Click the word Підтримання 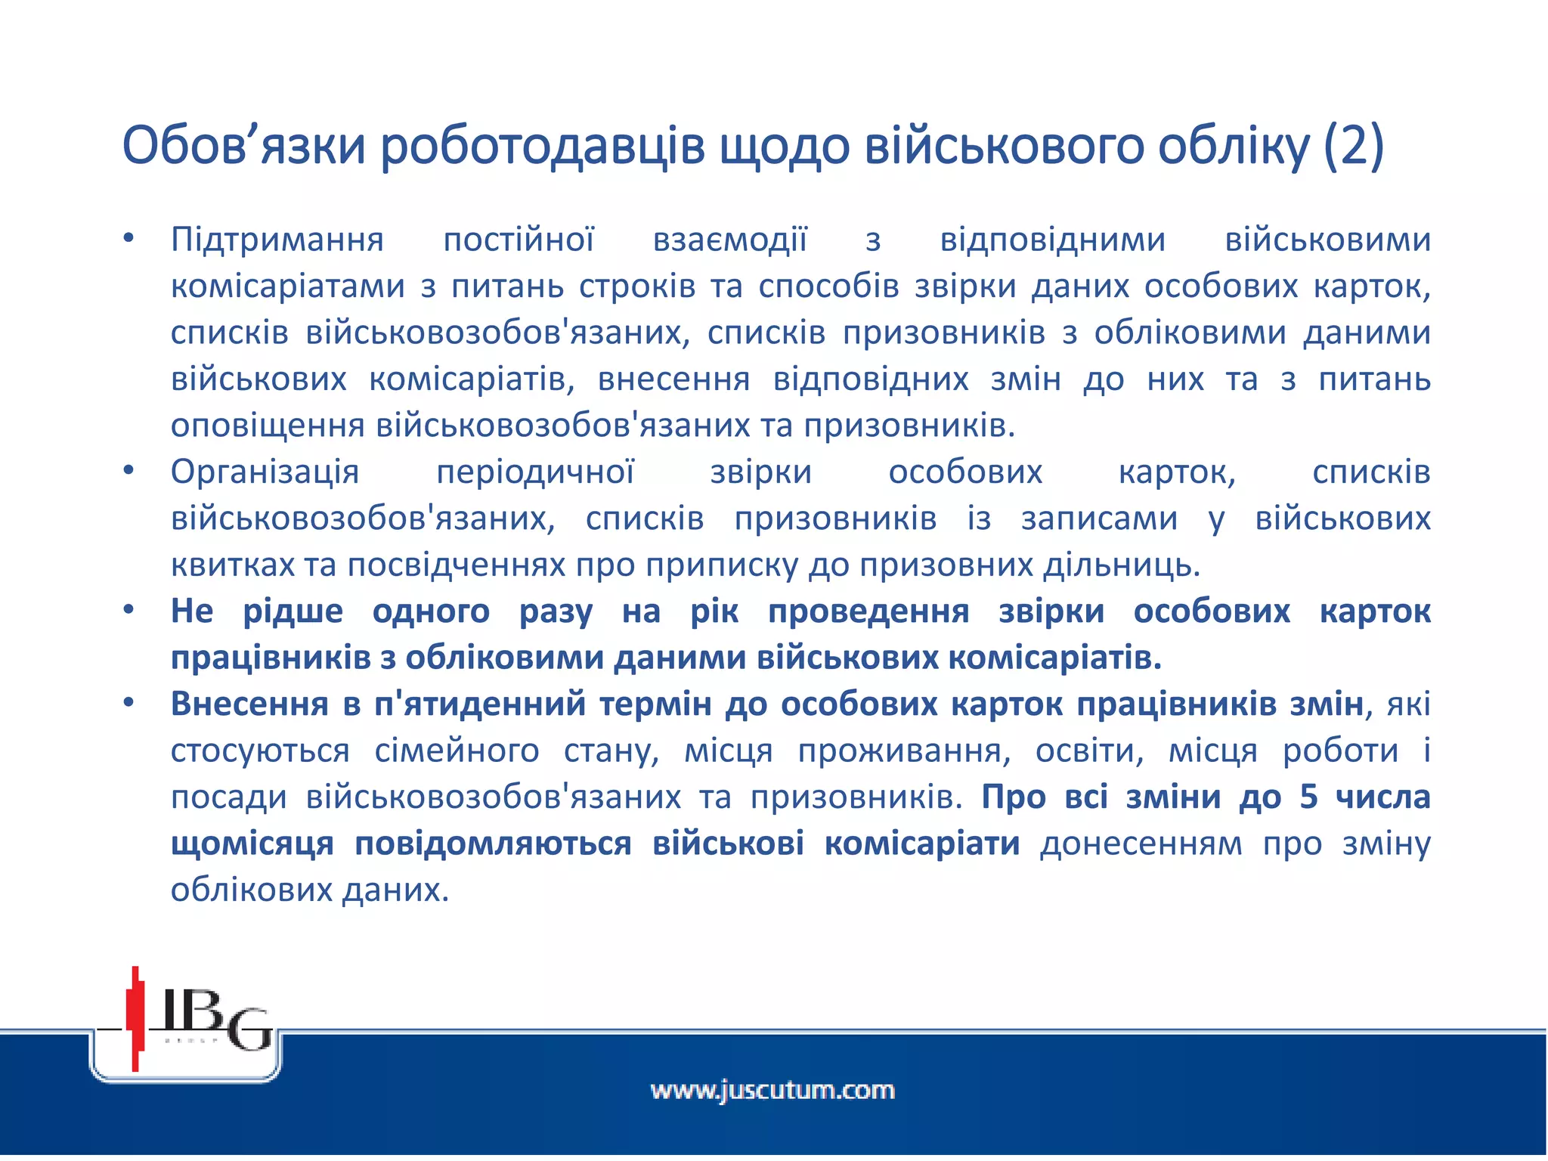277,240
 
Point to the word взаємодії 730,240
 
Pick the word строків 637,286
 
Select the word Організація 265,472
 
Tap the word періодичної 535,472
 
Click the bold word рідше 293,611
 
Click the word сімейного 457,751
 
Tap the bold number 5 1309,797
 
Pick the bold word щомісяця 252,844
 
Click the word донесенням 1141,844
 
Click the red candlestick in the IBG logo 136,1017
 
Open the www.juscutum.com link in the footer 772,1091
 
